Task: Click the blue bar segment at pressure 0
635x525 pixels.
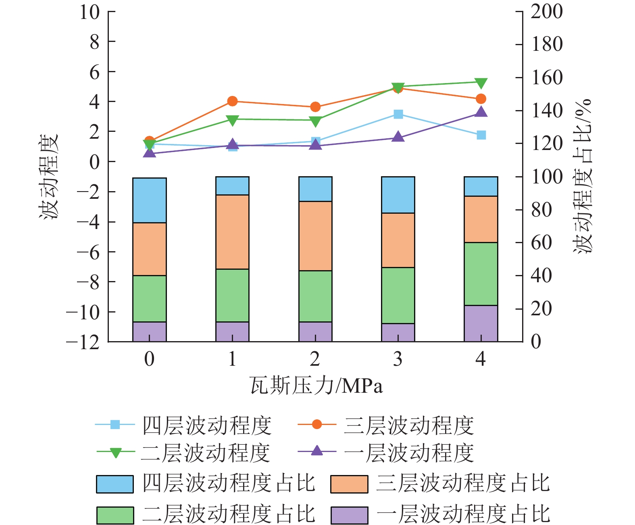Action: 149,200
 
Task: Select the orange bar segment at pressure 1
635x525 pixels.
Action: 232,232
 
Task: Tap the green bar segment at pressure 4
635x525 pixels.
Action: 481,274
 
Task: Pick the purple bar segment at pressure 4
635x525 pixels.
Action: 481,323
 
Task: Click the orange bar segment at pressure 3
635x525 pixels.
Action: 398,240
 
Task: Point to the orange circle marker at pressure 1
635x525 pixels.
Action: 232,101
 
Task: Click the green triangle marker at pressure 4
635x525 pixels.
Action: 481,83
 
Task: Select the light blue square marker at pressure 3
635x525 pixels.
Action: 398,115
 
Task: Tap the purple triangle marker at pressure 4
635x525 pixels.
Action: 481,112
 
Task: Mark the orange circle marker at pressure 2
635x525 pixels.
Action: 315,107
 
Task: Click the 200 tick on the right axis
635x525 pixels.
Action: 546,12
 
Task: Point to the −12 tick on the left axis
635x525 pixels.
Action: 83,342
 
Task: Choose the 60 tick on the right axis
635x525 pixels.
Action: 541,243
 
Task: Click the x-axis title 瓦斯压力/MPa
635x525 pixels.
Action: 316,386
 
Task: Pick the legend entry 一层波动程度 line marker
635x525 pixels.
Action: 317,451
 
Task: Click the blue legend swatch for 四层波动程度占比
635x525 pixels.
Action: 115,484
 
